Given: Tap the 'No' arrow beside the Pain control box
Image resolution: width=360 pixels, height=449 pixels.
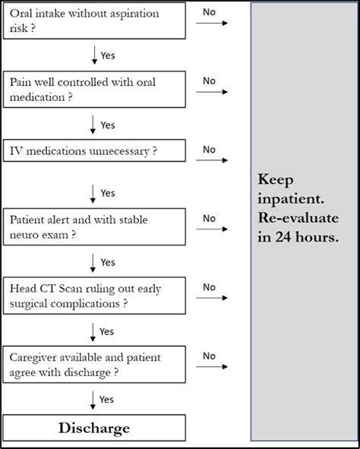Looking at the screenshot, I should (212, 92).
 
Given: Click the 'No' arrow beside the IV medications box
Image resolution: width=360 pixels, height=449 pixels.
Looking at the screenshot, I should (212, 161).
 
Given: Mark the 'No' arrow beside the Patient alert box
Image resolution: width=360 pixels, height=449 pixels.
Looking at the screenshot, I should (212, 229).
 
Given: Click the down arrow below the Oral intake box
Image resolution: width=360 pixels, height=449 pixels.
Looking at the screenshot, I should (93, 55).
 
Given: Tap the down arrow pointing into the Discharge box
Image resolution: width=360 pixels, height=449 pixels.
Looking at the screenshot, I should (93, 399).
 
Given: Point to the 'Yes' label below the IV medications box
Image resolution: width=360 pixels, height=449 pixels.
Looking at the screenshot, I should (108, 193).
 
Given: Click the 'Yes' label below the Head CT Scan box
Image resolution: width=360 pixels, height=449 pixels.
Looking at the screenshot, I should (108, 330).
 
